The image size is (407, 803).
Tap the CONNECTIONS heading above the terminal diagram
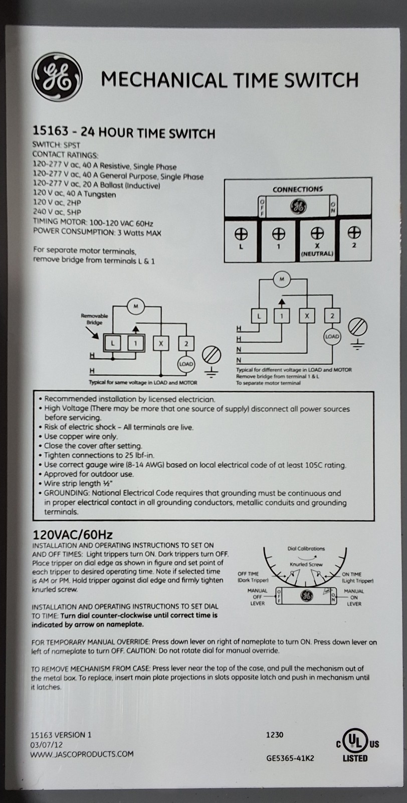click(298, 189)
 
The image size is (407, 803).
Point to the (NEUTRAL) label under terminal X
click(317, 253)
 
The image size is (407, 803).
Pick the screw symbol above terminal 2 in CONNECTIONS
click(354, 232)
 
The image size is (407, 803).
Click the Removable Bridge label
click(94, 319)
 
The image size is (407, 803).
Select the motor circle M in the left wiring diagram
click(135, 306)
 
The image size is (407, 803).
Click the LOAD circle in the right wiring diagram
click(332, 336)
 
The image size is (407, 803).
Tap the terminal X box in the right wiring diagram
click(307, 315)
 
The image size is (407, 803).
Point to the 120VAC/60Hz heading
click(72, 534)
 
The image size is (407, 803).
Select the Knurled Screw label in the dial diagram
click(306, 564)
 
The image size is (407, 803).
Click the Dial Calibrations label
click(306, 549)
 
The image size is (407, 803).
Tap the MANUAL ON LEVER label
click(354, 597)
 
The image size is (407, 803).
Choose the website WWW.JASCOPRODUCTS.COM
click(82, 754)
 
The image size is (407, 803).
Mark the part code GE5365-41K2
click(290, 758)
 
